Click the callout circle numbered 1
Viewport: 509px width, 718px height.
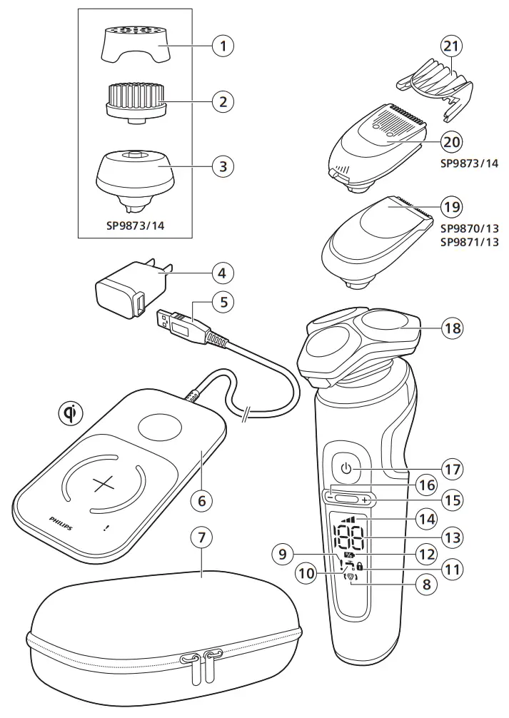[x=223, y=46]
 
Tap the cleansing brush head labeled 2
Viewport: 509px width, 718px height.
[x=136, y=101]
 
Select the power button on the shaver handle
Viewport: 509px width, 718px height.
[x=346, y=469]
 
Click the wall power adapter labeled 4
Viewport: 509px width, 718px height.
[x=130, y=289]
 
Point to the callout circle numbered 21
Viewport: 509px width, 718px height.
[x=451, y=46]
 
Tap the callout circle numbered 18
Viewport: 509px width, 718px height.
[x=451, y=328]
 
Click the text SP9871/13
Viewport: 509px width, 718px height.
[x=469, y=243]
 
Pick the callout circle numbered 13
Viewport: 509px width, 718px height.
[x=451, y=537]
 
